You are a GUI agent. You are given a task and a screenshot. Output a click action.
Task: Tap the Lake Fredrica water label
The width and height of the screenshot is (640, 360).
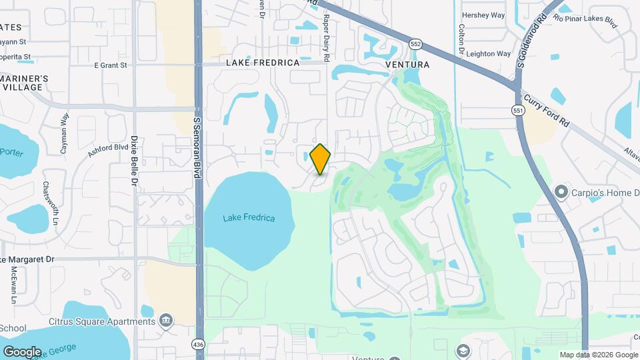tap(249, 218)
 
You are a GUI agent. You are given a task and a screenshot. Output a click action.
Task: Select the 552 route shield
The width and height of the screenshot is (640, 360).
tap(415, 43)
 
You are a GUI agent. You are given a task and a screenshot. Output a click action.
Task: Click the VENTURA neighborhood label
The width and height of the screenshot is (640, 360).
tap(407, 65)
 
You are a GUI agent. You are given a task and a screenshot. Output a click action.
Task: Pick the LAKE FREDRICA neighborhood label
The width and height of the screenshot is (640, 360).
tap(263, 63)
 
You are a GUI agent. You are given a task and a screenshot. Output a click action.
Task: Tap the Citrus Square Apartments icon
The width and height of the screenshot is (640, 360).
tap(165, 322)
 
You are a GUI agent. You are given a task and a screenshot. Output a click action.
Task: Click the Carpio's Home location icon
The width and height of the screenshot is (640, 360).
tap(561, 193)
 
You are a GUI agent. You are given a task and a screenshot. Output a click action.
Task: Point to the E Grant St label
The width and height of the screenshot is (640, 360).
tap(110, 65)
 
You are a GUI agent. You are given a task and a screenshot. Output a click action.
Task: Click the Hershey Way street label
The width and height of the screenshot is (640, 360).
tap(483, 15)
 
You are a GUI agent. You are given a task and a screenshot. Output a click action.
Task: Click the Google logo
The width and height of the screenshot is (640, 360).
tap(22, 351)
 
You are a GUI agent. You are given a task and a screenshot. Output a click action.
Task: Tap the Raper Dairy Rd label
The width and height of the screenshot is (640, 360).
tap(327, 39)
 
